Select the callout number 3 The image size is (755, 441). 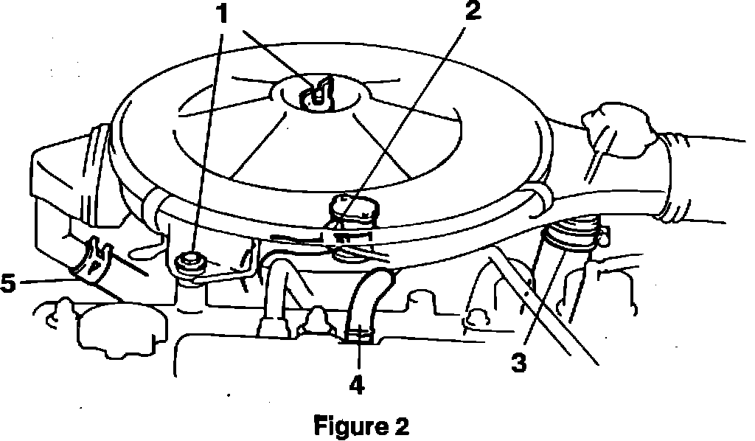pos(520,362)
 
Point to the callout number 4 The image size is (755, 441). pos(357,383)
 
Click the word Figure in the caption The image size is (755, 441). pos(346,426)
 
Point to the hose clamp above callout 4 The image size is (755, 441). pos(358,336)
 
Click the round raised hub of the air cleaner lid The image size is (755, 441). pos(319,96)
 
